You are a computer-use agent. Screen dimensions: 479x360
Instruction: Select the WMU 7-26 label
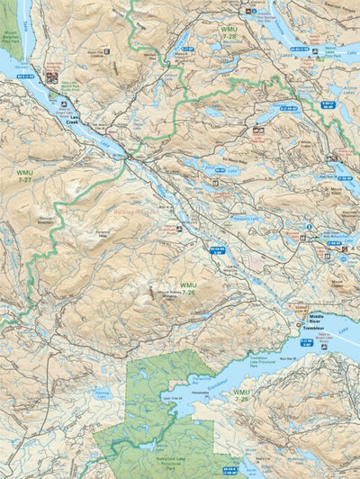tap(186, 289)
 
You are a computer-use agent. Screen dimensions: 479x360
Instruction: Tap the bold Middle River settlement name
tap(316, 318)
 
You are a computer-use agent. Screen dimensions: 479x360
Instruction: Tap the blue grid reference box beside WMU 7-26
tap(218, 249)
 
